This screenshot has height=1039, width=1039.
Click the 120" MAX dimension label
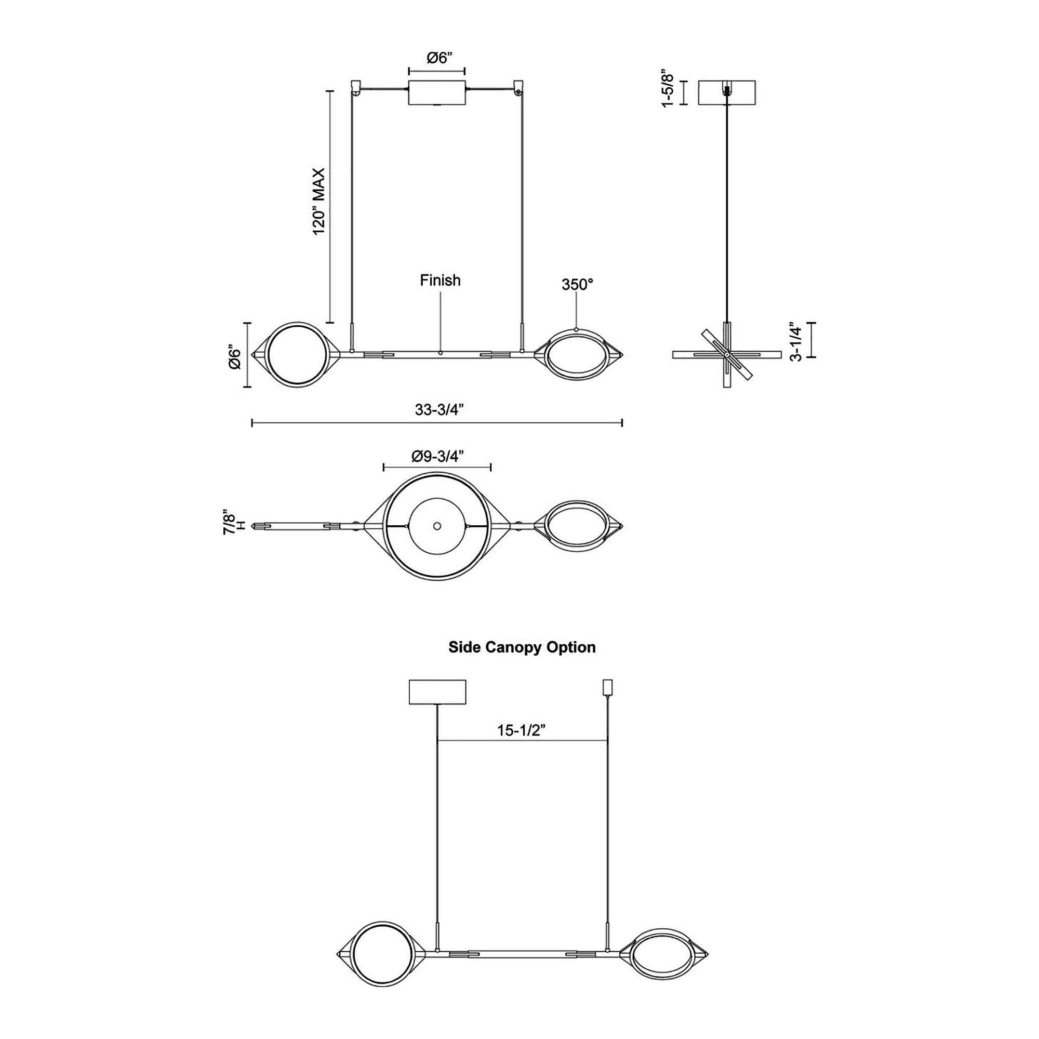319,201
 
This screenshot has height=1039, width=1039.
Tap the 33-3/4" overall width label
439,409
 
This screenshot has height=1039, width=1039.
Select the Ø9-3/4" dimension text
437,456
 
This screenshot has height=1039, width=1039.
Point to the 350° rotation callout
577,285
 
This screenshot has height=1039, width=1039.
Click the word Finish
440,280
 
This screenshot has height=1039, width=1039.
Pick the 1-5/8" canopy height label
668,88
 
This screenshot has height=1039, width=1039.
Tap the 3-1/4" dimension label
796,341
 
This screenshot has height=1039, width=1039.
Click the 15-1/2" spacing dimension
521,730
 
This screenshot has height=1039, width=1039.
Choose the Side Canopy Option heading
522,647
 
